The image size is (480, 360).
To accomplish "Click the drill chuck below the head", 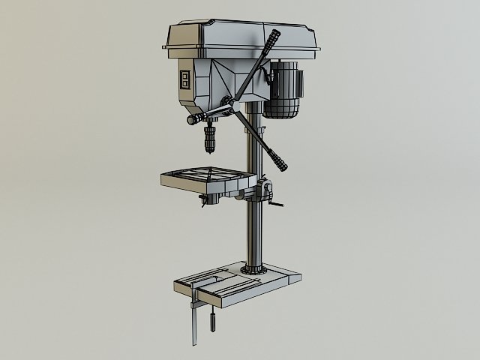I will [x=210, y=139].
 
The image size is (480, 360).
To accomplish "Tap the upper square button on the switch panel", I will [x=185, y=76].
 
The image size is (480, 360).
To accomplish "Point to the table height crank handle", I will [x=274, y=205].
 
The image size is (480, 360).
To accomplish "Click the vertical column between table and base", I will [x=255, y=232].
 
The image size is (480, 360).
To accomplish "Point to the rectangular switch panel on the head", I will [x=185, y=82].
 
